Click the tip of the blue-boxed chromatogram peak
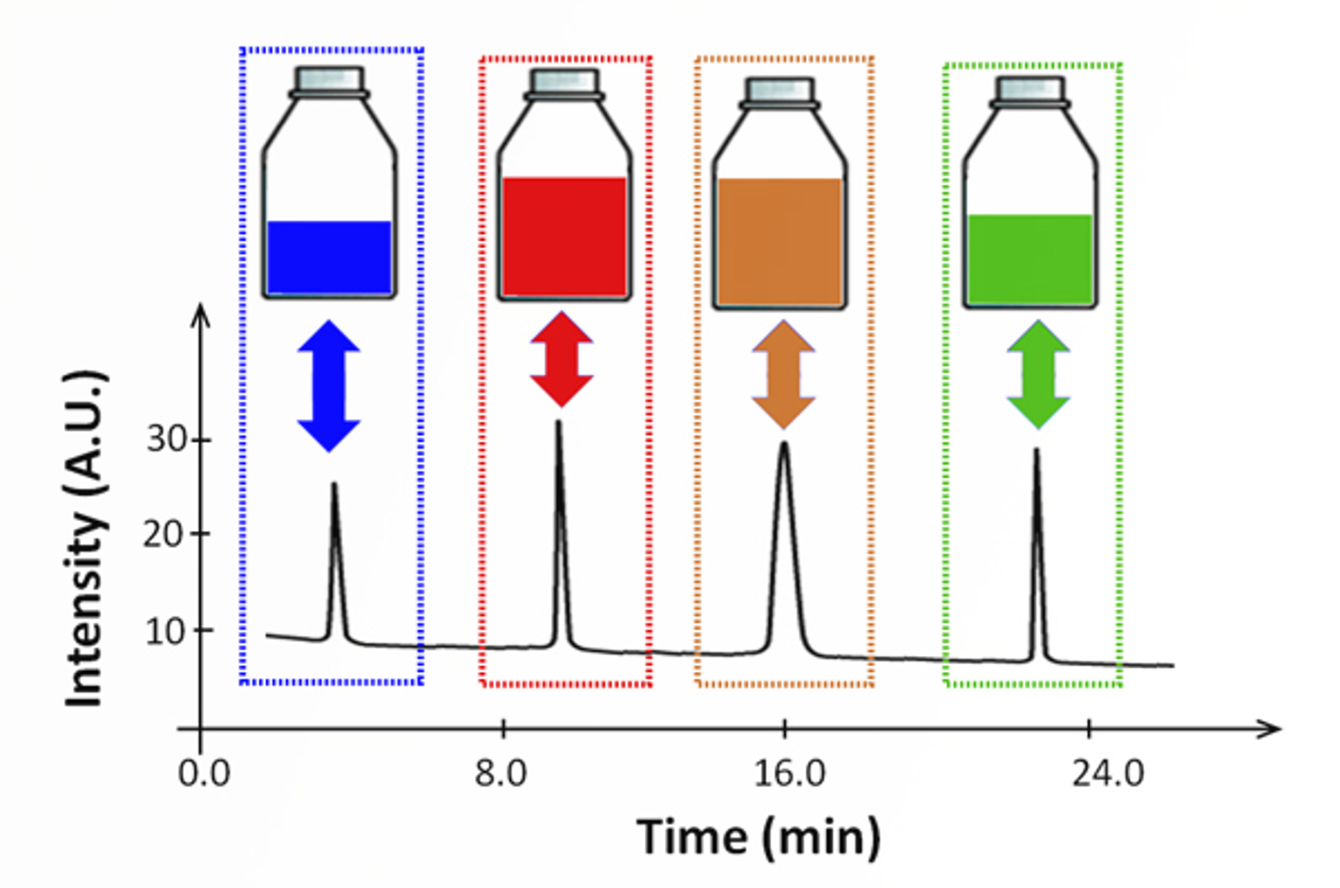point(334,484)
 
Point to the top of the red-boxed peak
point(559,421)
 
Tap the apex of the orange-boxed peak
point(784,443)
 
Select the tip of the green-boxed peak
point(1037,450)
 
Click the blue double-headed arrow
point(329,385)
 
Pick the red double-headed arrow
point(561,359)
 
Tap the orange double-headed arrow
point(784,374)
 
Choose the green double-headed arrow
point(1038,374)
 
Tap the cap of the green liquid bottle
point(1030,89)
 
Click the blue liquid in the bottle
point(329,257)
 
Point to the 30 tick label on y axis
point(166,439)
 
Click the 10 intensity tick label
point(166,631)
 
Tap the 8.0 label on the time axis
point(501,773)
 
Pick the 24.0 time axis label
point(1108,773)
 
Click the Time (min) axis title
point(759,837)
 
